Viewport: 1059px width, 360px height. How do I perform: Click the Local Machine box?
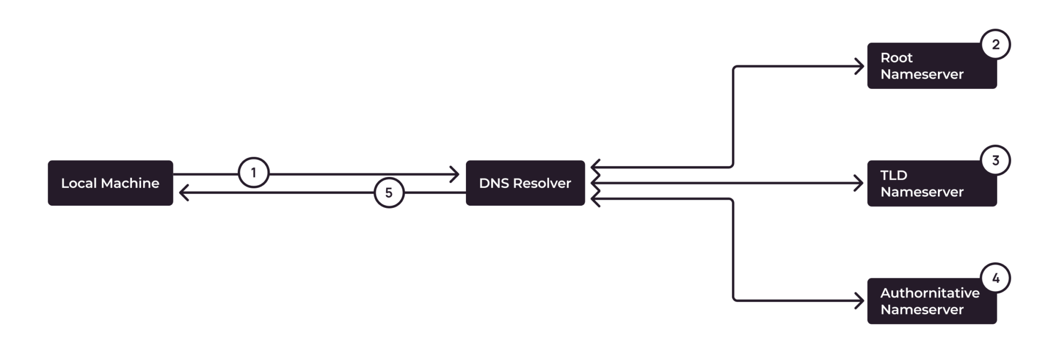click(110, 183)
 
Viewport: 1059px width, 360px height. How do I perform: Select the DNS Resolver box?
click(525, 183)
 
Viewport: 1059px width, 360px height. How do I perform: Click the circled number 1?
click(253, 172)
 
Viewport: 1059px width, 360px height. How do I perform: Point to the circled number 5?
click(389, 193)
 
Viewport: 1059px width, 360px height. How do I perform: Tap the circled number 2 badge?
click(995, 44)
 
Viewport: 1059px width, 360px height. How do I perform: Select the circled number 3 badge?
click(995, 161)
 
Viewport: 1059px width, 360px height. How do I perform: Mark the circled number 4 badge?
click(995, 278)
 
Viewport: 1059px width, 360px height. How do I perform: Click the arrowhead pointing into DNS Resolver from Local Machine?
click(456, 174)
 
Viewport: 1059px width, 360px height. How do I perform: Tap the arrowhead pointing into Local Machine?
click(183, 193)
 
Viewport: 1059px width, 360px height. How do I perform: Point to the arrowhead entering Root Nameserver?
click(859, 66)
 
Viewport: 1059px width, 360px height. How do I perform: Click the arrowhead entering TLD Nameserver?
click(859, 183)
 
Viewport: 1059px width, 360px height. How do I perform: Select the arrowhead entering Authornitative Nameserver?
click(859, 301)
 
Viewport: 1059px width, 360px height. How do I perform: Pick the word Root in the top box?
click(896, 57)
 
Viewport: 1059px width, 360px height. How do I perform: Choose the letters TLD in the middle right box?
click(894, 175)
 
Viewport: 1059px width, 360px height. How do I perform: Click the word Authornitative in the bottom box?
click(930, 293)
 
